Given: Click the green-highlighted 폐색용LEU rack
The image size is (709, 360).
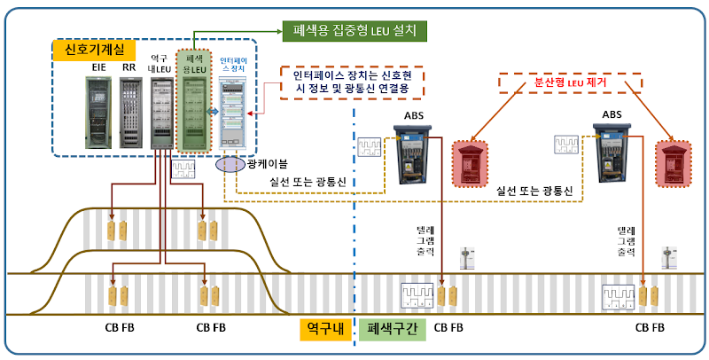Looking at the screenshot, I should click(x=196, y=111).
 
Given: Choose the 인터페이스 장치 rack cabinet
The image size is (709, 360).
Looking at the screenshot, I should click(x=234, y=113).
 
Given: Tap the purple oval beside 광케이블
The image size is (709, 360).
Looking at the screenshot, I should click(x=231, y=166).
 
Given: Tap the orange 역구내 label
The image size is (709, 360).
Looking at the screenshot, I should click(x=323, y=327).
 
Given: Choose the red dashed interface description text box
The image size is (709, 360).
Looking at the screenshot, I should click(x=352, y=83).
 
